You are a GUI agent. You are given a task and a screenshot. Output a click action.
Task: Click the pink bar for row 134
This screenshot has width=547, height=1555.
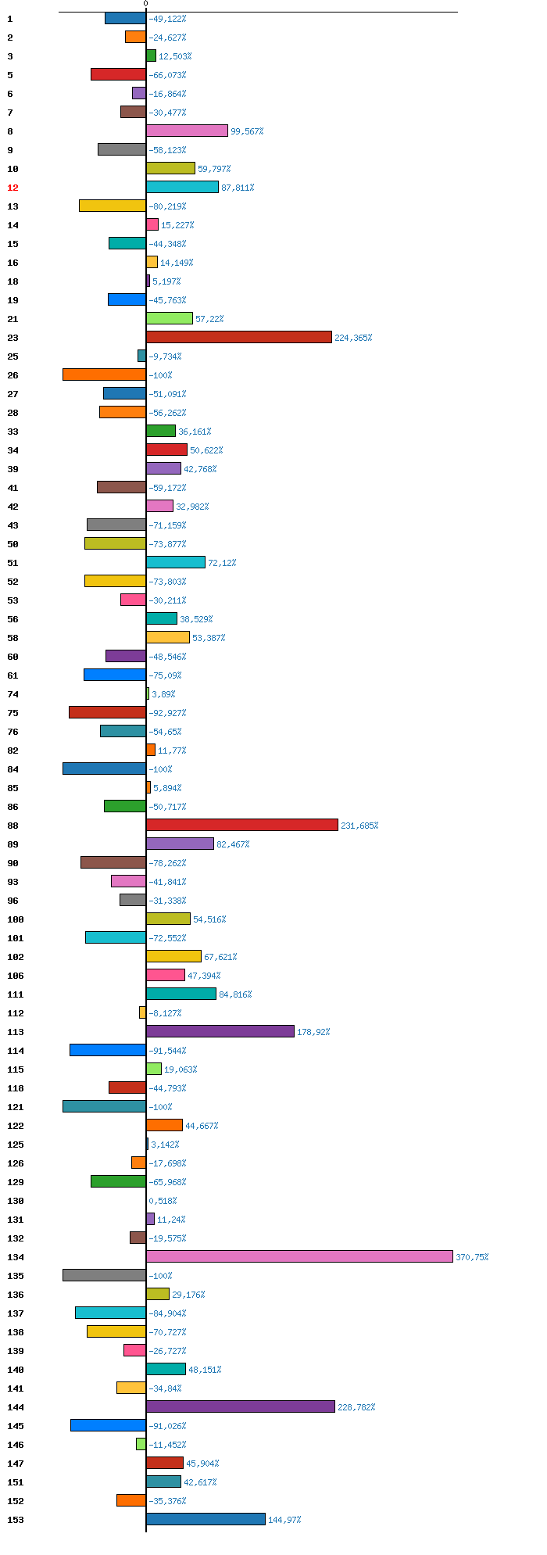coord(299,1256)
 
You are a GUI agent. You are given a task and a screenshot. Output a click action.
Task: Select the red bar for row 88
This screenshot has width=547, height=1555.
coord(242,825)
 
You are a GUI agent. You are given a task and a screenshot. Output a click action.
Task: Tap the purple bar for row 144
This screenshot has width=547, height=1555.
coord(241,1406)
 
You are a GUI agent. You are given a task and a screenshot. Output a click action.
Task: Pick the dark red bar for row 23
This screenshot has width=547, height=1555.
coord(239,337)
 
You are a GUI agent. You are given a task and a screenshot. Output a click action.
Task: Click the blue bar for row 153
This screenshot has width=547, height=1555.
coord(206,1519)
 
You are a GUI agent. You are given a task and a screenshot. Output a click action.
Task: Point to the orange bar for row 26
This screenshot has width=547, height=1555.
coord(104,374)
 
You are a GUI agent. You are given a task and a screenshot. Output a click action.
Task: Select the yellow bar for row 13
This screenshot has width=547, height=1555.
coord(113,206)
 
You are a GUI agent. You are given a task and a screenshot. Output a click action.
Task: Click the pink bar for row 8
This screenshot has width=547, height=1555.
coord(187,131)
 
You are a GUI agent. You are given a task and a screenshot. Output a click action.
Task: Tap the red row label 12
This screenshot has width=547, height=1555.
coord(13,188)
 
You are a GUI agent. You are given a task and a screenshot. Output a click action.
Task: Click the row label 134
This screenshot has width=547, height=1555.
coord(16,1257)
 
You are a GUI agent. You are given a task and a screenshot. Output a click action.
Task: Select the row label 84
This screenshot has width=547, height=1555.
coord(13,769)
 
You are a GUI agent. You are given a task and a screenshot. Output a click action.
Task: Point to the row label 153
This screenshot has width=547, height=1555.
coord(16,1520)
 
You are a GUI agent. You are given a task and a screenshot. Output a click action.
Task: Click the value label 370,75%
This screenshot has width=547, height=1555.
coord(472,1257)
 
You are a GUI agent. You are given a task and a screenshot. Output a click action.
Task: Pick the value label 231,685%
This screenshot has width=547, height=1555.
coord(359,826)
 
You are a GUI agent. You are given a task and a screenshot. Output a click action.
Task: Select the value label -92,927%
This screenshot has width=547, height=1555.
coord(167,713)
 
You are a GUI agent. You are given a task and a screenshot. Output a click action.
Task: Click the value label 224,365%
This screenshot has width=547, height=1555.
coord(353,338)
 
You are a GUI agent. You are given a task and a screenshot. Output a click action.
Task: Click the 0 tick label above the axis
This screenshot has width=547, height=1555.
coord(145,4)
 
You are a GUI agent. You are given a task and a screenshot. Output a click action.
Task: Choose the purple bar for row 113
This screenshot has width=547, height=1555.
coord(220,1031)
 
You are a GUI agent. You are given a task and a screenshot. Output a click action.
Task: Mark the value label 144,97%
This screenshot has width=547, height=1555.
coord(284,1520)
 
